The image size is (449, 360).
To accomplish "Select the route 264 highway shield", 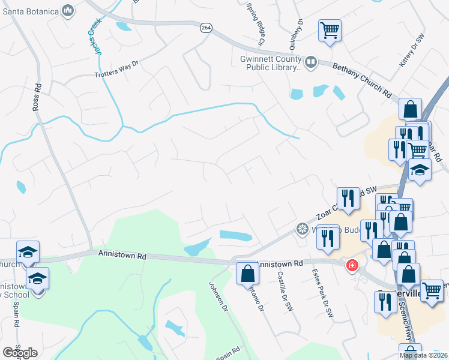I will click(x=206, y=29).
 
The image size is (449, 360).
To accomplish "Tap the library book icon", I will click(x=311, y=62).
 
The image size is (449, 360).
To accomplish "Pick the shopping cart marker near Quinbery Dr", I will click(x=330, y=30).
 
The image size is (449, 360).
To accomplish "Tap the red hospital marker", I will click(x=352, y=265).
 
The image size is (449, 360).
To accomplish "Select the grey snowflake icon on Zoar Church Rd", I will click(x=303, y=229).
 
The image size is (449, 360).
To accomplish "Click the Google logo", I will click(x=20, y=352).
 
